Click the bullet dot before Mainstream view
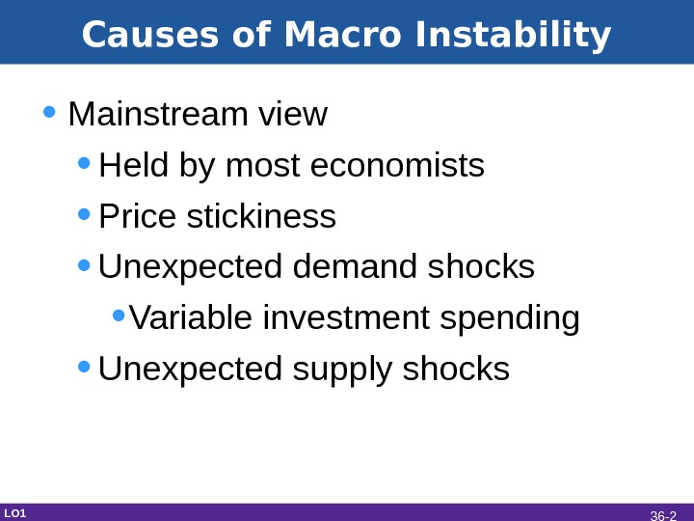[x=49, y=113]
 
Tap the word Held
[x=134, y=166]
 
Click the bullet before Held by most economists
[x=84, y=164]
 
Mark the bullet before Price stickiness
[x=84, y=215]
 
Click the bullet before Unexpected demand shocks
[x=84, y=265]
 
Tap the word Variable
[x=183, y=317]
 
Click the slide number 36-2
[x=663, y=515]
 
